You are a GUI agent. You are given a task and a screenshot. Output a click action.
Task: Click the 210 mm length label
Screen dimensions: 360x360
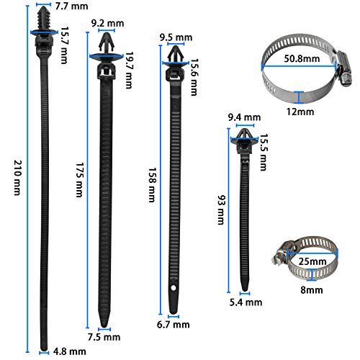pyautogui.click(x=17, y=178)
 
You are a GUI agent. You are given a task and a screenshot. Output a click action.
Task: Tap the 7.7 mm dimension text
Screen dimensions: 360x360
pyautogui.click(x=72, y=6)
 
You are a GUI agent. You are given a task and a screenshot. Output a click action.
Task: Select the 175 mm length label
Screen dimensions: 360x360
pyautogui.click(x=79, y=180)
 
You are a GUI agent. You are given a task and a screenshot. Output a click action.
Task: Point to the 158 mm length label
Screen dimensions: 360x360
pyautogui.click(x=152, y=185)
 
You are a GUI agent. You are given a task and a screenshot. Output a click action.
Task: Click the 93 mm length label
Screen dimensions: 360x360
pyautogui.click(x=221, y=210)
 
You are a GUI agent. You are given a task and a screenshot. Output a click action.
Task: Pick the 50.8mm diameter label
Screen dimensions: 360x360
pyautogui.click(x=302, y=58)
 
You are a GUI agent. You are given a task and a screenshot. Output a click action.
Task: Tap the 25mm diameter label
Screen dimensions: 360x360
pyautogui.click(x=312, y=261)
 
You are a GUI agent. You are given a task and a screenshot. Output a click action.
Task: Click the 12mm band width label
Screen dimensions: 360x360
pyautogui.click(x=300, y=112)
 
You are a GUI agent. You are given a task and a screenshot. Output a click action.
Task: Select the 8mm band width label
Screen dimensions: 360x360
pyautogui.click(x=312, y=290)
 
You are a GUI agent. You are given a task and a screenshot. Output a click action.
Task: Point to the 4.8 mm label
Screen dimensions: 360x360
pyautogui.click(x=70, y=351)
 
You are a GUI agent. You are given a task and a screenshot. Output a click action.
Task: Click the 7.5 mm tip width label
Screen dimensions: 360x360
pyautogui.click(x=104, y=337)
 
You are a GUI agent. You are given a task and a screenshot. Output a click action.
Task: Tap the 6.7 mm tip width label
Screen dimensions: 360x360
pyautogui.click(x=174, y=325)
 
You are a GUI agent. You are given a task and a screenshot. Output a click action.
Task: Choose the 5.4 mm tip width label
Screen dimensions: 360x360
pyautogui.click(x=246, y=302)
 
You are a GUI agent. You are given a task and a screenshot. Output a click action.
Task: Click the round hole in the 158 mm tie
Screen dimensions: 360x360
pyautogui.click(x=174, y=288)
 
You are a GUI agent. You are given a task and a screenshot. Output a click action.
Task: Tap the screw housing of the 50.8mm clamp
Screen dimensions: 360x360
pyautogui.click(x=343, y=70)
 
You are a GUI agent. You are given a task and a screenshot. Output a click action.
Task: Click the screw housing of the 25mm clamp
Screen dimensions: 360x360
pyautogui.click(x=279, y=254)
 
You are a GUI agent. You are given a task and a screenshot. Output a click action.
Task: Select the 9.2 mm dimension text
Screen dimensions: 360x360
pyautogui.click(x=107, y=23)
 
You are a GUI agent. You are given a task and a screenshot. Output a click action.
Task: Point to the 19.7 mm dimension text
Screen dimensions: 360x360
pyautogui.click(x=129, y=70)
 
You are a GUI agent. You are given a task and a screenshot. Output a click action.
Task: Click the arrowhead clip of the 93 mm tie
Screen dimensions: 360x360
pyautogui.click(x=245, y=135)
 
